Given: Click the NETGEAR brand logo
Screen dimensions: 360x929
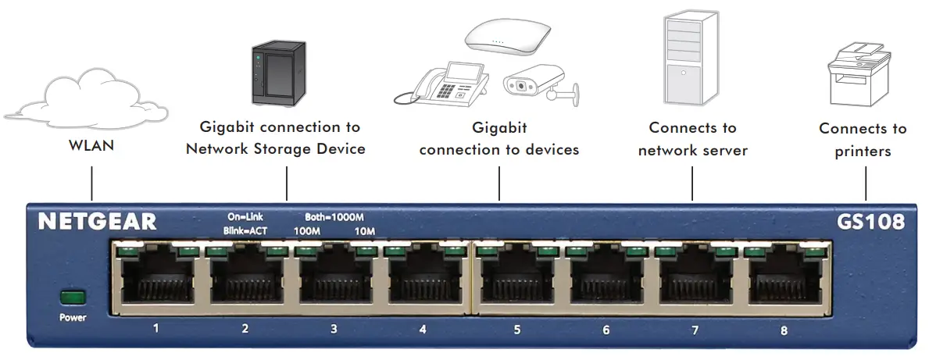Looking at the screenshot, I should (x=98, y=222).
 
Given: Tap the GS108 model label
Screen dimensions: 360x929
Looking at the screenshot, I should (x=868, y=222).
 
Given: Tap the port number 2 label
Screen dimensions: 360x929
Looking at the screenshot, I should (x=245, y=329).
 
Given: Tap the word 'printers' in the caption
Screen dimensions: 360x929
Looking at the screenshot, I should (x=863, y=151).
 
